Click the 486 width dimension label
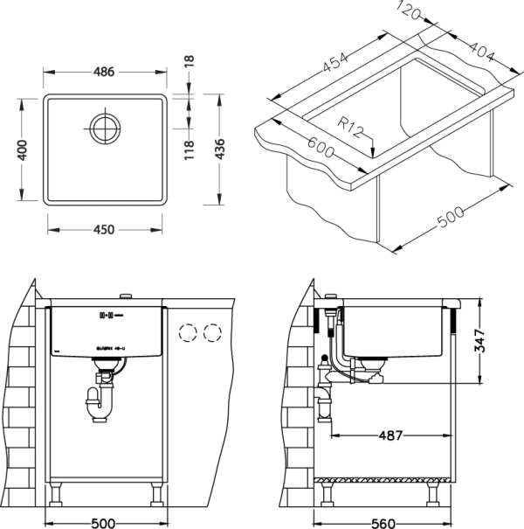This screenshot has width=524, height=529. click(x=104, y=73)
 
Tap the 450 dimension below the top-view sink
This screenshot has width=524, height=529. click(x=104, y=231)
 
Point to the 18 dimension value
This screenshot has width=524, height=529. click(x=190, y=63)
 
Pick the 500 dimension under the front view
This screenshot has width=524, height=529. click(x=104, y=523)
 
